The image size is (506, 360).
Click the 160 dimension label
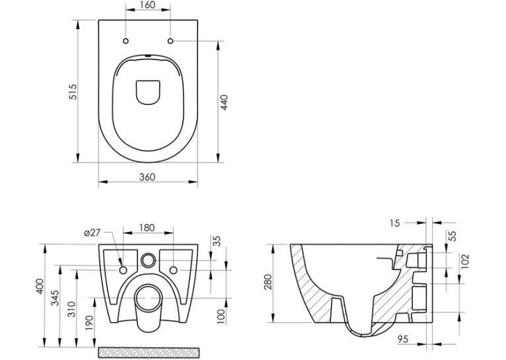[x=148, y=5]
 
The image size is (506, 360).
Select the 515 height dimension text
[x=73, y=92]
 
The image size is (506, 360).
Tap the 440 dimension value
[x=224, y=102]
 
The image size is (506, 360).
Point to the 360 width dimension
[x=147, y=177]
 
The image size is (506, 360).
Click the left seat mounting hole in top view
[x=126, y=41]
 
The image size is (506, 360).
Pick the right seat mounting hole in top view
[x=170, y=41]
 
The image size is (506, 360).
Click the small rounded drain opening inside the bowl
[x=148, y=92]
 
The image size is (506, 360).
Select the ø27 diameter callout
[x=92, y=233]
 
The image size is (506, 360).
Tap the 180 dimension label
[x=147, y=227]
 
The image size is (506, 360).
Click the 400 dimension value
[x=40, y=286]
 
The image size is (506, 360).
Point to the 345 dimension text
[x=56, y=298]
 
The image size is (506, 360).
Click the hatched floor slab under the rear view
[x=149, y=353]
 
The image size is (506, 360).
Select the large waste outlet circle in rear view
[x=148, y=299]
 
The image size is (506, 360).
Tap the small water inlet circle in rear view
[x=148, y=260]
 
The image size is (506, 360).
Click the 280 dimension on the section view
[x=268, y=282]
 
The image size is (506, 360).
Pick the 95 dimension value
[x=402, y=339]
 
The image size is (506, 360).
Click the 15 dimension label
[x=394, y=223]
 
